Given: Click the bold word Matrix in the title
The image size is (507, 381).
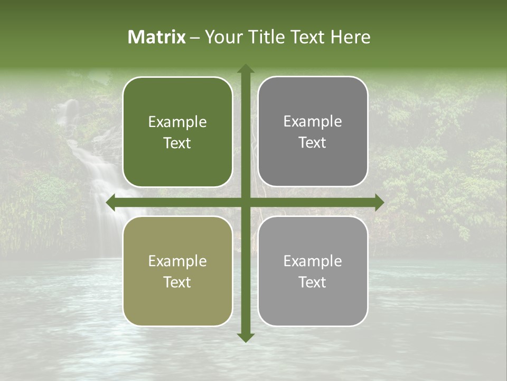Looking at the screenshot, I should click(157, 37).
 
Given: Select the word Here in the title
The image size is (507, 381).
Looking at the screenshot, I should click(350, 37).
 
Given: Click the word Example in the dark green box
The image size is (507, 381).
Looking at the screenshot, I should click(177, 122).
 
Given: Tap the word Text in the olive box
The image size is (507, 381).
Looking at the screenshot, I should click(177, 282).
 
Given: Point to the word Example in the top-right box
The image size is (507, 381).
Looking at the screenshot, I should click(313, 122).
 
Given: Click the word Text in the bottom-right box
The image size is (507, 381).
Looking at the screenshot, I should click(313, 282).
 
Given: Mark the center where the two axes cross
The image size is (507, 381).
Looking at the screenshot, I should click(246, 202).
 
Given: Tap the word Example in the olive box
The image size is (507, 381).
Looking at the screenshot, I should click(177, 261).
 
